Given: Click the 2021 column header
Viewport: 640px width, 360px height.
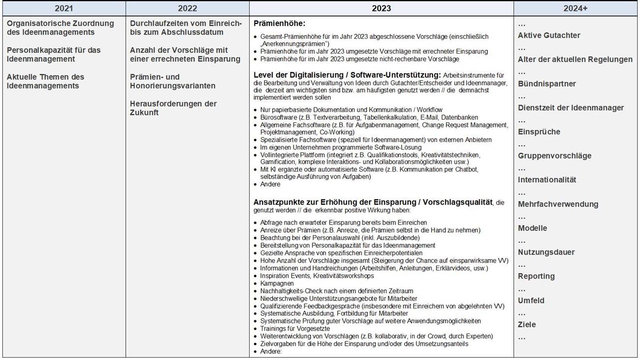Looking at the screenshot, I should click(x=64, y=8).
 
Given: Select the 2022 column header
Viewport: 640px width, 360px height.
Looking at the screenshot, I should click(x=187, y=8).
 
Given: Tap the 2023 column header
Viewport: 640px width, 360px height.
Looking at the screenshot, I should click(x=381, y=8).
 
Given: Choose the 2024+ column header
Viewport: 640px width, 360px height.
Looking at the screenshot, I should click(x=576, y=8).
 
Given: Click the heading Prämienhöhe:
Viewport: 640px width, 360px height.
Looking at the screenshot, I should click(x=279, y=24).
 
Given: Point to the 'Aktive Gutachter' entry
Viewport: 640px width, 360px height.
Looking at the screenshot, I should click(x=549, y=35).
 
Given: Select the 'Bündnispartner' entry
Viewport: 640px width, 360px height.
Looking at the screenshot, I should click(x=547, y=84).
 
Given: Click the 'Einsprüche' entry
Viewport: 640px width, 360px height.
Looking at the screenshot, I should click(x=539, y=132).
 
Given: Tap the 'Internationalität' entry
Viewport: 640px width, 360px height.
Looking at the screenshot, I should click(x=547, y=180).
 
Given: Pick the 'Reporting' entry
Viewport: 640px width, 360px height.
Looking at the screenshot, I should click(x=536, y=276).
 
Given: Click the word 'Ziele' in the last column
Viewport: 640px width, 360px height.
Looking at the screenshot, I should click(x=527, y=325).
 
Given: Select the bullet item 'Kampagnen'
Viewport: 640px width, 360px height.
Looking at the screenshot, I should click(x=277, y=283).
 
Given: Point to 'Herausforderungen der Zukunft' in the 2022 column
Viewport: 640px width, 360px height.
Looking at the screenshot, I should click(x=173, y=108).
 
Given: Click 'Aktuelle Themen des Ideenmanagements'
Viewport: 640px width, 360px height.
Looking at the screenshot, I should click(x=45, y=81).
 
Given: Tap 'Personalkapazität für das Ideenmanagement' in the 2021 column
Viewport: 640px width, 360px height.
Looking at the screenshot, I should click(x=54, y=55).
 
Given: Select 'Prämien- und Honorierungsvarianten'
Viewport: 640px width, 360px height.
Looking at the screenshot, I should click(x=173, y=81).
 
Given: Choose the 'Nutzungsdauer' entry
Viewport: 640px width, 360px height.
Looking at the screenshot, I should click(x=546, y=252).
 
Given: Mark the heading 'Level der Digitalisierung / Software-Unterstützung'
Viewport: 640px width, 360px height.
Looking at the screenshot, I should click(x=347, y=75).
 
